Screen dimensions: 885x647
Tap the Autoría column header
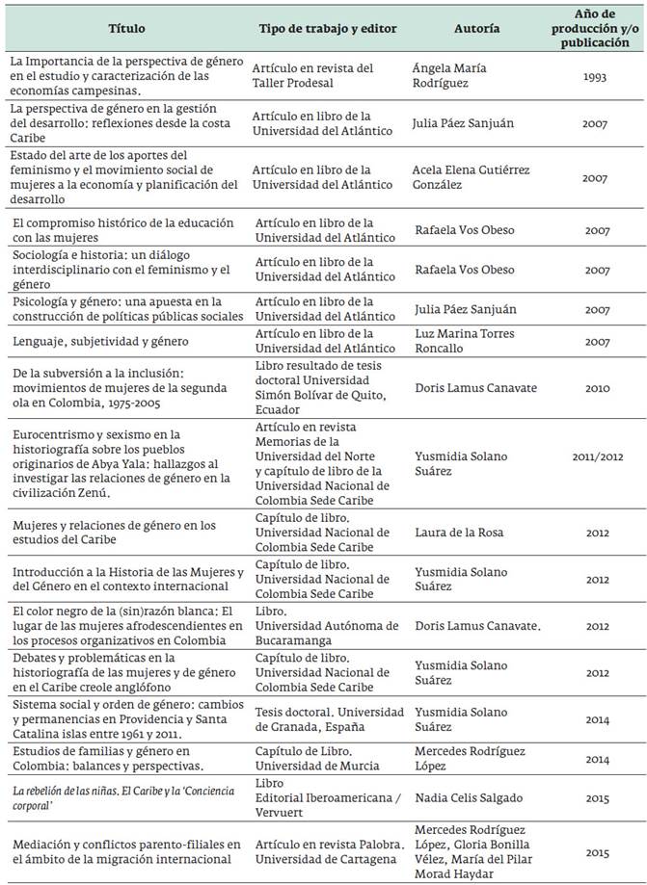pos(476,29)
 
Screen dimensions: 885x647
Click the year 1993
pos(596,76)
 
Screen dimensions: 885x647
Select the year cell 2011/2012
pos(596,465)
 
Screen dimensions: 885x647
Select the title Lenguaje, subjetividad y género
pos(99,340)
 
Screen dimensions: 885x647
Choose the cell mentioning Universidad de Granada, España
pos(329,718)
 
